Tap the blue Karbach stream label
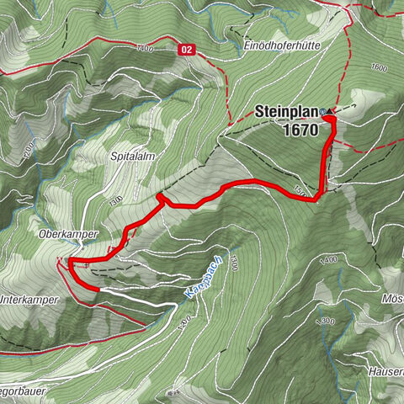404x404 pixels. click(x=194, y=282)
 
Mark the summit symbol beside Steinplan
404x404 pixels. click(x=324, y=110)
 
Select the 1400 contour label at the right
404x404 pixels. click(x=327, y=259)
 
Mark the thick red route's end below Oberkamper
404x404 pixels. click(x=98, y=289)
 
